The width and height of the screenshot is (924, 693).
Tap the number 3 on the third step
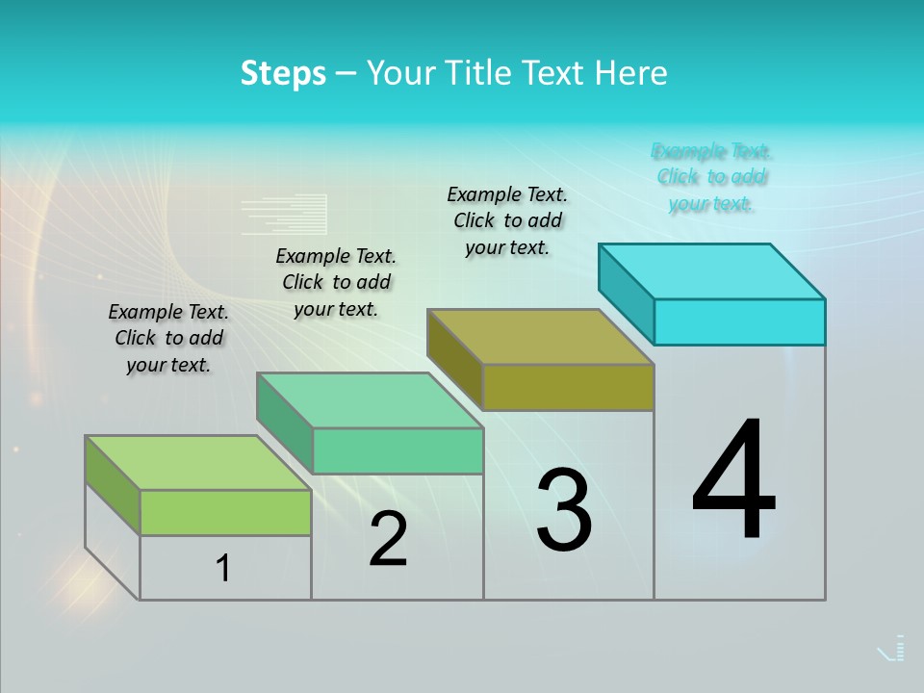click(x=564, y=510)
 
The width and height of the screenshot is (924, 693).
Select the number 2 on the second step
click(x=389, y=539)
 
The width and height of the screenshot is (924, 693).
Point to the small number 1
click(x=223, y=568)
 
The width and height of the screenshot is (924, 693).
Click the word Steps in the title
click(x=283, y=73)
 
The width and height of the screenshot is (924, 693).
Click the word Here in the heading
click(x=630, y=73)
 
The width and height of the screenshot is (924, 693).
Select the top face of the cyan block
click(x=712, y=270)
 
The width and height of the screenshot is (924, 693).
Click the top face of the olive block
click(x=541, y=336)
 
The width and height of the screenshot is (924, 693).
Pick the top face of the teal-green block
click(x=370, y=399)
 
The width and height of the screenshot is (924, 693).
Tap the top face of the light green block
click(x=198, y=463)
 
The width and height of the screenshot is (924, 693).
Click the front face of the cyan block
click(x=739, y=321)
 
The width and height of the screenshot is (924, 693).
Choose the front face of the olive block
click(x=568, y=387)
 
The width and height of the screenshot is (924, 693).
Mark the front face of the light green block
click(x=225, y=512)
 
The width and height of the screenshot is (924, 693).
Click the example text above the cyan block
click(x=711, y=177)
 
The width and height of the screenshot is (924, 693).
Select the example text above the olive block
click(x=507, y=220)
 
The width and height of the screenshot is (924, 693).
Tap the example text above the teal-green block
click(x=336, y=282)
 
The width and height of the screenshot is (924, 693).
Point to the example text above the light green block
click(x=168, y=338)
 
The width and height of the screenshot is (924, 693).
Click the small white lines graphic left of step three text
click(x=284, y=215)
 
